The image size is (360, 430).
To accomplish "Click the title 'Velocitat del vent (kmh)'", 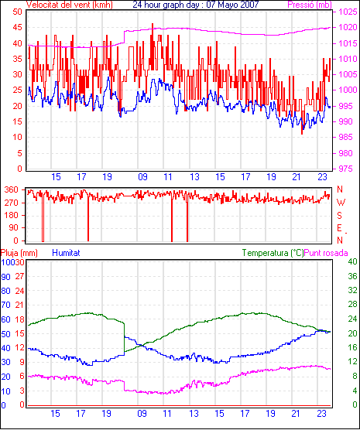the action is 70,5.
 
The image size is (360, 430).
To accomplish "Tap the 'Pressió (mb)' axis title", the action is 310,5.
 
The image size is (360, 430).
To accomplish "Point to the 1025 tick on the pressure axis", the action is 348,12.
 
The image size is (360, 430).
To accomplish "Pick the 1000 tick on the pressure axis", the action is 348,90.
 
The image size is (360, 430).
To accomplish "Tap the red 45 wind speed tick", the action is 17,27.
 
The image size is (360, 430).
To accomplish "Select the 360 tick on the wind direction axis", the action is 12,189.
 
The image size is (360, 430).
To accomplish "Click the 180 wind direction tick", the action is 12,215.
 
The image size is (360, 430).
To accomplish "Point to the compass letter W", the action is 341,203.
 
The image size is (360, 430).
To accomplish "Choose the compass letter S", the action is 340,216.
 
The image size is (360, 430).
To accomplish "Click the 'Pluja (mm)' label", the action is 19,253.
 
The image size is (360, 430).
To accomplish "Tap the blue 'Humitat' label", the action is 66,253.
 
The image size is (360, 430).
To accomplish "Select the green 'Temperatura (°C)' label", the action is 273,253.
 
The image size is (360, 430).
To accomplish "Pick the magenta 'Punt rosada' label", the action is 326,253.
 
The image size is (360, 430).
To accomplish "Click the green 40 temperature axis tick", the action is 352,261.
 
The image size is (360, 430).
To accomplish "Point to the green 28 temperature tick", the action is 352,304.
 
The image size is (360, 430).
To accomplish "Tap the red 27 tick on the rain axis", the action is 20,276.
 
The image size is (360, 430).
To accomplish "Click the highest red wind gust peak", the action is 153,24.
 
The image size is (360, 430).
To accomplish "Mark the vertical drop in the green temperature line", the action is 124,337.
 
